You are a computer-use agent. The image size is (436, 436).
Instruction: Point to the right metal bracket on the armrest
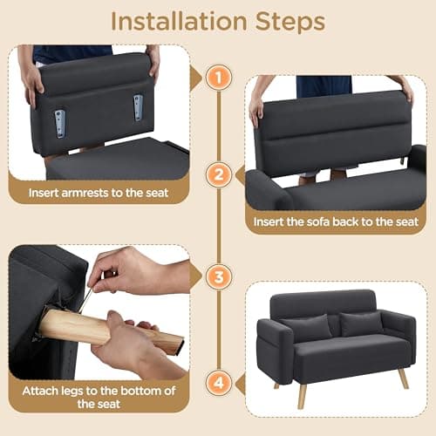point(138,107)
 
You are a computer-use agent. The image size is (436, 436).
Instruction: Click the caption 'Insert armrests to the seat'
point(98,192)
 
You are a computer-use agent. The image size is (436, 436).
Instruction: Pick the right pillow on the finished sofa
point(361,323)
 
